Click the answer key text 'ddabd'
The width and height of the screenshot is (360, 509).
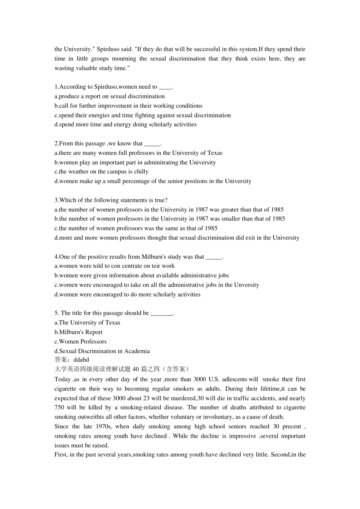pos(81,360)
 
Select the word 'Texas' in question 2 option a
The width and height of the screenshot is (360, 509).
pos(215,153)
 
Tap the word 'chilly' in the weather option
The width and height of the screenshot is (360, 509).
pos(141,172)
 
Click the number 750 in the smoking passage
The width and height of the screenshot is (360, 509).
pos(60,408)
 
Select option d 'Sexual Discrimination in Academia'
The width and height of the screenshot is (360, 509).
pos(102,351)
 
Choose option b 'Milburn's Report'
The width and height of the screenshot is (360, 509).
pos(78,332)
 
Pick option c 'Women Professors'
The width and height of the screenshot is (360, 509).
pos(80,342)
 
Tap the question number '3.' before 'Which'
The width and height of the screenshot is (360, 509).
pos(57,200)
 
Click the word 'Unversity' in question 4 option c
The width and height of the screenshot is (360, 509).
pos(246,285)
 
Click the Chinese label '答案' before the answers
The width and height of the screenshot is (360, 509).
pos(61,360)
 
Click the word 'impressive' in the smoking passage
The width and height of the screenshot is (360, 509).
pos(243,436)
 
